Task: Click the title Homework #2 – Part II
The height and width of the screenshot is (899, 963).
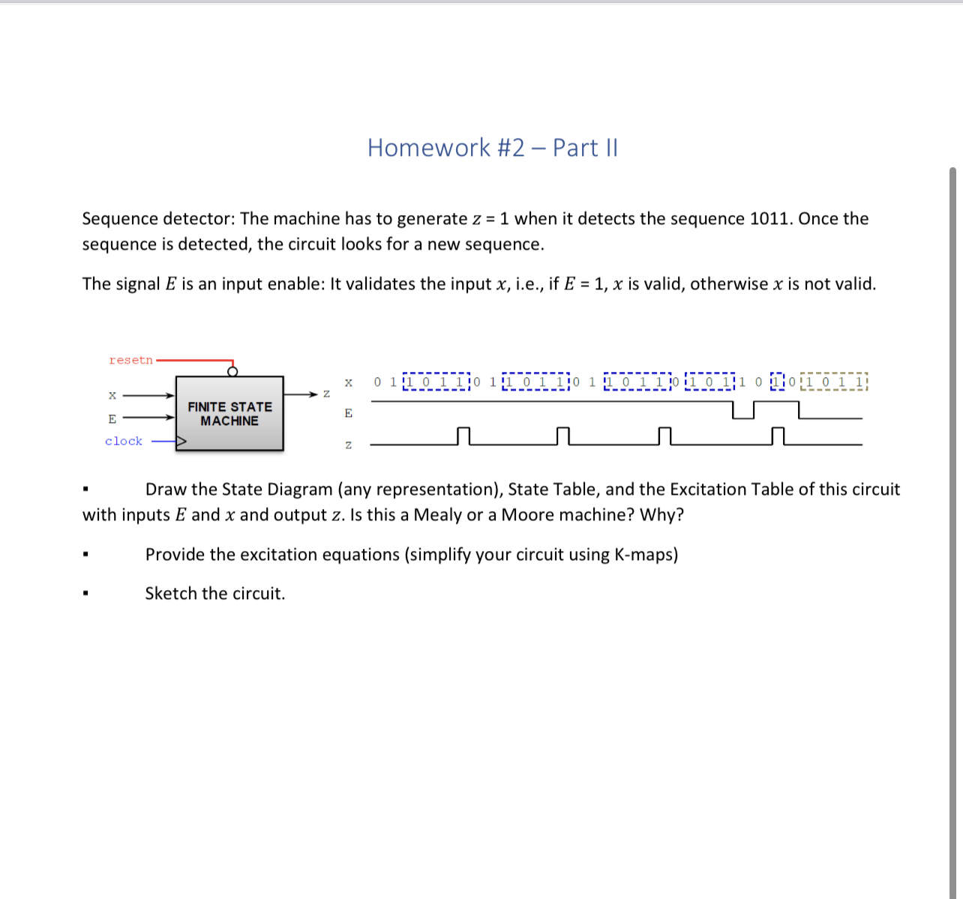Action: tap(492, 148)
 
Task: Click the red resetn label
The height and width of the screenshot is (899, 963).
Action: tap(130, 361)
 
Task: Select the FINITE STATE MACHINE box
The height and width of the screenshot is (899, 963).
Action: tap(229, 414)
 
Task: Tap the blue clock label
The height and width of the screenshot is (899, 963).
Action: tap(124, 442)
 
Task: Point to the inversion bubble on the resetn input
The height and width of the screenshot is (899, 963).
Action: tap(232, 371)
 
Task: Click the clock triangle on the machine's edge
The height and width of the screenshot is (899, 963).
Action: tap(181, 442)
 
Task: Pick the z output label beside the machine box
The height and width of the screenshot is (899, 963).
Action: tap(326, 394)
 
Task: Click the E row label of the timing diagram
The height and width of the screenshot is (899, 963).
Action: tap(348, 413)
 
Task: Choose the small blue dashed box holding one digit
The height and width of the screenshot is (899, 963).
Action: tap(776, 382)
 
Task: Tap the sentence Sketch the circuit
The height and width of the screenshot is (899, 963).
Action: tap(215, 594)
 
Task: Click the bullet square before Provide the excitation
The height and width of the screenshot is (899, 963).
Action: tap(86, 556)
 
